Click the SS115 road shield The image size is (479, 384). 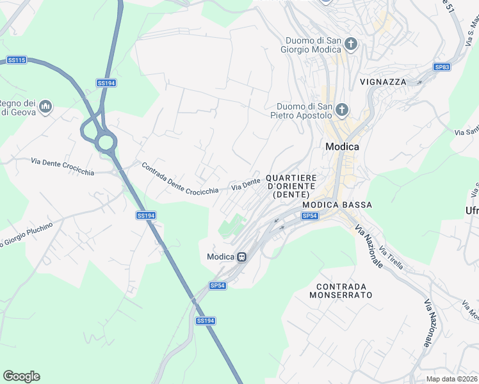coord(17,60)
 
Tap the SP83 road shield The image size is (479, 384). coord(442,67)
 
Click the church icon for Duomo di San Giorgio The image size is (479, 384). coord(350,44)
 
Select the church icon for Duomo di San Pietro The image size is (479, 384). coord(342,110)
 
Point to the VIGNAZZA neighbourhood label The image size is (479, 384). coord(383,82)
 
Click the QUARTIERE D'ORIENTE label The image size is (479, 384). coord(291,186)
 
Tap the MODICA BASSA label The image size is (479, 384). coord(337,204)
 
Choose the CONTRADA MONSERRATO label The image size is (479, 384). coord(340,291)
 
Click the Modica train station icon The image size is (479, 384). coord(241,257)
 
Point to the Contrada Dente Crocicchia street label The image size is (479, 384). coord(180,179)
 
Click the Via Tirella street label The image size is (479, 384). coord(391,258)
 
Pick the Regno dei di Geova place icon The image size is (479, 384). coord(45,106)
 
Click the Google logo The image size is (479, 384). coord(21,376)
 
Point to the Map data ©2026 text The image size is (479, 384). coord(451,379)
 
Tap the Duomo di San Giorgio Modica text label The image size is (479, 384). coord(313,44)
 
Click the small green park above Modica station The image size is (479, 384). coord(232,226)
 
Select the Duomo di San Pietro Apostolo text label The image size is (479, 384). coord(304,111)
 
